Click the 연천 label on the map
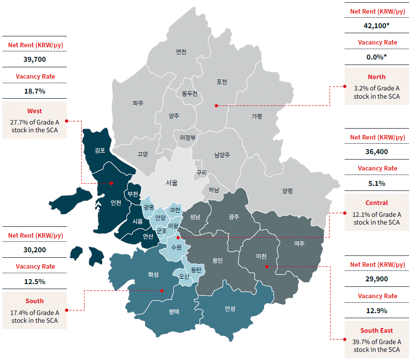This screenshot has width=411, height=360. click(181, 52)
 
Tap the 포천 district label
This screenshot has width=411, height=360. click(222, 82)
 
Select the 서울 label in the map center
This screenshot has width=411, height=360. click(172, 183)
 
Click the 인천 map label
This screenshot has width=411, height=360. click(116, 203)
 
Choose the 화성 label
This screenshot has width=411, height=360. click(153, 275)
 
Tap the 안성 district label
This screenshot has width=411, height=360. click(230, 309)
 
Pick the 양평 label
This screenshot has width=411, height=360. click(287, 191)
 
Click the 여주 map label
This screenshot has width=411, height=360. click(299, 244)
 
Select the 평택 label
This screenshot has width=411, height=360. click(174, 311)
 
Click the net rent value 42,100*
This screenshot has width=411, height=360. click(376, 26)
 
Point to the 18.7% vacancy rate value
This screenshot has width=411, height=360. click(35, 91)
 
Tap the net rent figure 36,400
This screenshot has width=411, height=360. click(376, 152)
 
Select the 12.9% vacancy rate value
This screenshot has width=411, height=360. click(376, 311)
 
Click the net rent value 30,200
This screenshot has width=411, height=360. click(35, 250)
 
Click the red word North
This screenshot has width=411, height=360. click(376, 77)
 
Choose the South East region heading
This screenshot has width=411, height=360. click(376, 330)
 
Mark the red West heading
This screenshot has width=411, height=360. click(35, 111)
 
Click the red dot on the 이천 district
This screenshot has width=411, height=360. click(266, 266)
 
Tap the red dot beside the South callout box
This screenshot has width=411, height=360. click(66, 310)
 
